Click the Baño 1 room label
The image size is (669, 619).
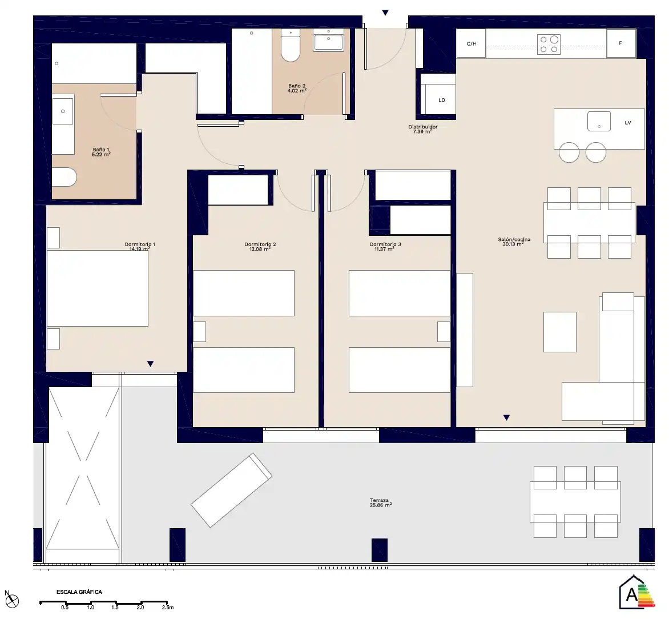point(101,152)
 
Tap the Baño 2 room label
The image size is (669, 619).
point(297,89)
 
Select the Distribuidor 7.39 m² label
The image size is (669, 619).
point(422,130)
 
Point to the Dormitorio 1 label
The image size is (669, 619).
point(140,247)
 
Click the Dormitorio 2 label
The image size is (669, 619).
point(260,247)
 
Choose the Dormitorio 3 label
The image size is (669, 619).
point(385,247)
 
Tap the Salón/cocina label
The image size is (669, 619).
point(514,242)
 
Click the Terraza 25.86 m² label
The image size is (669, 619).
point(380,503)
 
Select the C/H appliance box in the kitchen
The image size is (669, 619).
point(471,43)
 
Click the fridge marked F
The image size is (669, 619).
point(621,43)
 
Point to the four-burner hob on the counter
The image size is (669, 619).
point(549,45)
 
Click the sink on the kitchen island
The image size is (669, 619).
point(599,121)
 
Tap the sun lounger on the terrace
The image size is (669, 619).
point(231,490)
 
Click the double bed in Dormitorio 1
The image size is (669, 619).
point(97,288)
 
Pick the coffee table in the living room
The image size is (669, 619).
point(560,332)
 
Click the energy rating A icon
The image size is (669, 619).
point(636,593)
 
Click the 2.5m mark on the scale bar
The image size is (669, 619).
point(168,607)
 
